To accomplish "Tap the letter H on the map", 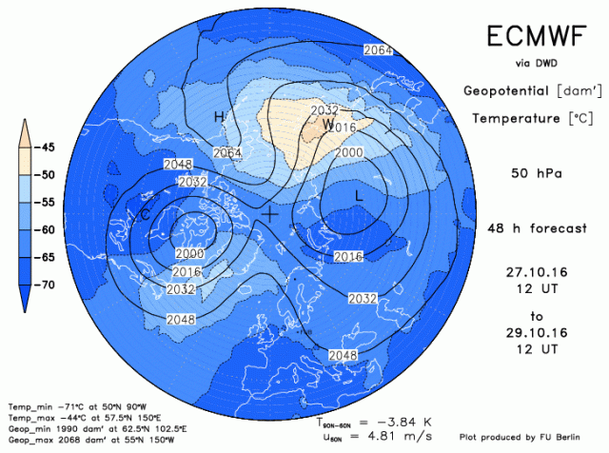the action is pyautogui.click(x=218, y=117).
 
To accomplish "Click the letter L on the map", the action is pyautogui.click(x=359, y=195).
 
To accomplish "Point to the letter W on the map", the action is pyautogui.click(x=328, y=125).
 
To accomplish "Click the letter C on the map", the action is pyautogui.click(x=145, y=216).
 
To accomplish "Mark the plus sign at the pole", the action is pyautogui.click(x=271, y=214).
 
